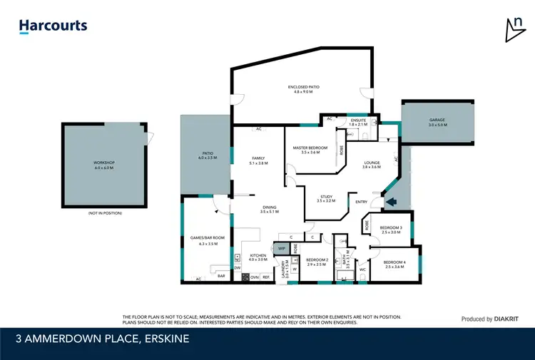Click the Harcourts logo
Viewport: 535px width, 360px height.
coord(53,26)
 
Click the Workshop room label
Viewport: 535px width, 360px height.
coord(103,165)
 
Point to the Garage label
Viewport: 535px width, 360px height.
coord(437,123)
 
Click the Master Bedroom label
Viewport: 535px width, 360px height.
coord(310,150)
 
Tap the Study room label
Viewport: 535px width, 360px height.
coord(326,199)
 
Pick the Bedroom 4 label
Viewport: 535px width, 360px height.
coord(394,264)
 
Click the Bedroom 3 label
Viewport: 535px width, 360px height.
coord(392,230)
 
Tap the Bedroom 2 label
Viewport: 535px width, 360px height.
coord(317,262)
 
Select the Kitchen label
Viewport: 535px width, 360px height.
coord(258,257)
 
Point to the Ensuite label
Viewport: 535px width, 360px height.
coord(358,123)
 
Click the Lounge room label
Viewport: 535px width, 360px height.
coord(371,165)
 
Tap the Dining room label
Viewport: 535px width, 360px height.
coord(269,209)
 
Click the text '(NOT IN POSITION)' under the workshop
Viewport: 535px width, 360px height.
coord(105,213)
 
